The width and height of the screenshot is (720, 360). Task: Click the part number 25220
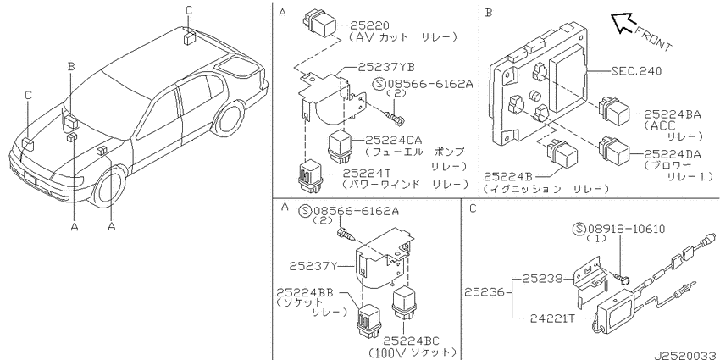coord(369,25)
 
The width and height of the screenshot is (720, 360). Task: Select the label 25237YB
coord(386,68)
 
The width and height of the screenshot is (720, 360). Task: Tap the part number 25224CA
coord(394,140)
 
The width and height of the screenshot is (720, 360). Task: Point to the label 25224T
coord(367,173)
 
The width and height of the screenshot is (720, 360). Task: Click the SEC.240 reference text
coord(636,71)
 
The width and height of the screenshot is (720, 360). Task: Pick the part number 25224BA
coord(673,114)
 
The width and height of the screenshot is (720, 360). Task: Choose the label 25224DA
coord(673,155)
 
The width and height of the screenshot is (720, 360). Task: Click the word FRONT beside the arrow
coord(653,39)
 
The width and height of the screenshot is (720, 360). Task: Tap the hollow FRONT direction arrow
coord(623,23)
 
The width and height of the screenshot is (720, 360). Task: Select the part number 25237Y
coord(313,266)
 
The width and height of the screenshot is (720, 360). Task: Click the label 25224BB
coord(305,292)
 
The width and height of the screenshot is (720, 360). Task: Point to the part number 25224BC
coord(411,341)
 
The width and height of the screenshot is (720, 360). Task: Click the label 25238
coord(542,279)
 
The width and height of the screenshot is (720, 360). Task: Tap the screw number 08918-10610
coord(626,229)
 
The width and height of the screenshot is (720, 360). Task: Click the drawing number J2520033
coord(686,355)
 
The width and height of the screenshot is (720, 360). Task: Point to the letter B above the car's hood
coord(71,66)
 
